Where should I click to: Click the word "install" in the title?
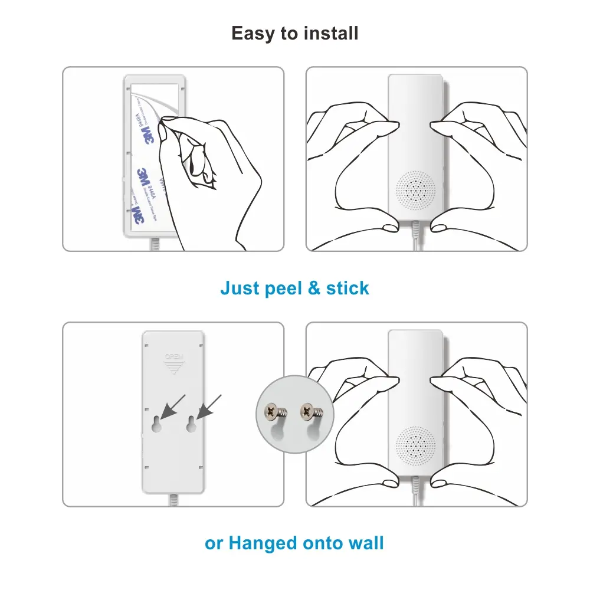(331, 33)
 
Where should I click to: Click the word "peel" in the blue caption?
(280, 289)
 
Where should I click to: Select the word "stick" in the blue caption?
(348, 289)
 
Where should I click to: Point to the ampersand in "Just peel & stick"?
(314, 289)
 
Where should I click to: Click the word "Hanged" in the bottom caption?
(264, 543)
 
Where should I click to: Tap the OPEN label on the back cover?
(173, 356)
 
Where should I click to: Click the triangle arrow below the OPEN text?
(173, 368)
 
